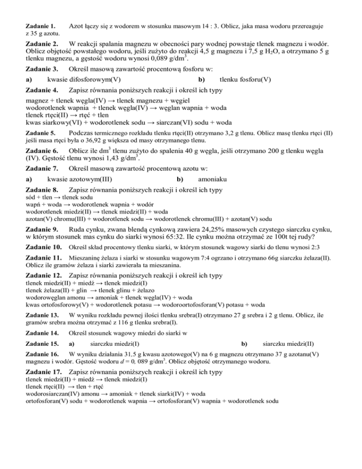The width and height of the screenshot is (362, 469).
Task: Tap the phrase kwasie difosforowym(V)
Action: tap(83, 79)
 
